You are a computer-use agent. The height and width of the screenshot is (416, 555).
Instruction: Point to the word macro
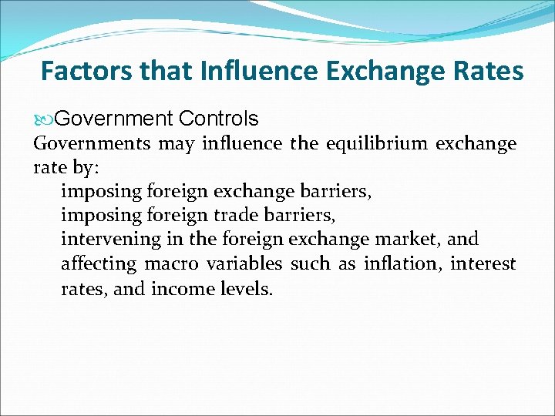(x=171, y=264)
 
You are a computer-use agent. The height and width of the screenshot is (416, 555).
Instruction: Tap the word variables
(x=244, y=264)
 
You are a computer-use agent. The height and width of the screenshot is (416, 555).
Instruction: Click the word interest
(x=483, y=264)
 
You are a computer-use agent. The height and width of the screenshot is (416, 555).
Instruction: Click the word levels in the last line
(x=247, y=289)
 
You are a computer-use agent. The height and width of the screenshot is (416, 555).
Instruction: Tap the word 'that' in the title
(x=167, y=72)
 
